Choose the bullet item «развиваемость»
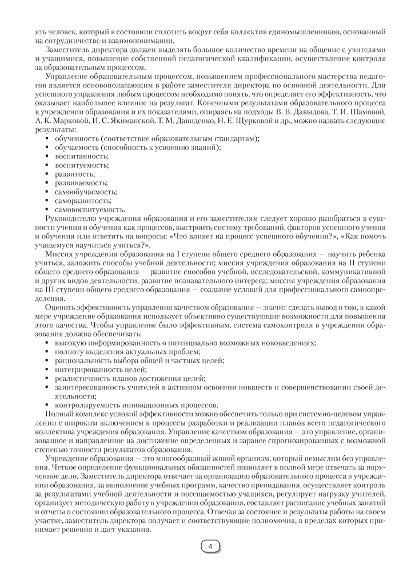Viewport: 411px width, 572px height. click(x=81, y=182)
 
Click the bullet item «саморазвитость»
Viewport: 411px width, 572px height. click(x=83, y=200)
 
